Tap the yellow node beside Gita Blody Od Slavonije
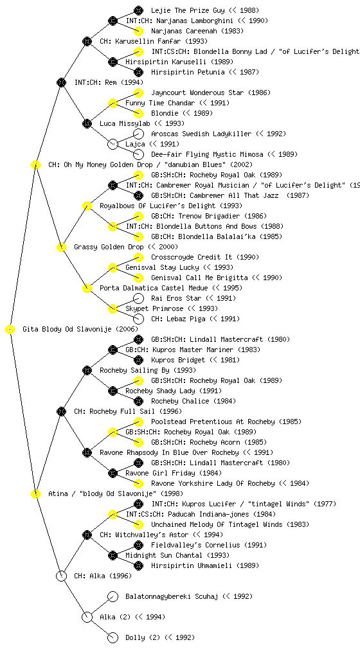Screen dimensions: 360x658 click(x=10, y=330)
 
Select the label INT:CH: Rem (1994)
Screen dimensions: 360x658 click(x=109, y=82)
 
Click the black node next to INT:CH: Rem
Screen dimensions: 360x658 click(x=61, y=82)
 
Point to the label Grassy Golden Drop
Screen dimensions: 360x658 click(x=109, y=247)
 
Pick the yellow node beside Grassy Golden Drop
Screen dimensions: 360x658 click(x=61, y=247)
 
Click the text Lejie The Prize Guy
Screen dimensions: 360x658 click(x=188, y=10)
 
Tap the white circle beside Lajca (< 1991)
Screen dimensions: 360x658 click(x=113, y=144)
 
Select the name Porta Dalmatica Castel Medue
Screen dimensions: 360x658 click(x=154, y=288)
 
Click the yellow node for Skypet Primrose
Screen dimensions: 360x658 click(x=113, y=308)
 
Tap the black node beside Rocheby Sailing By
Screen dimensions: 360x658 click(x=87, y=370)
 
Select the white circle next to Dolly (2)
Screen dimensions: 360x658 click(x=113, y=637)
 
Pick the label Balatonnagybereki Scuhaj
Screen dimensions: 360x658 click(x=172, y=596)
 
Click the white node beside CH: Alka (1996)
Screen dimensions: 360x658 click(x=61, y=576)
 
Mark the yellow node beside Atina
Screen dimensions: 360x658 click(x=35, y=493)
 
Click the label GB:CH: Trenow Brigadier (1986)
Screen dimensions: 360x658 click(x=209, y=216)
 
